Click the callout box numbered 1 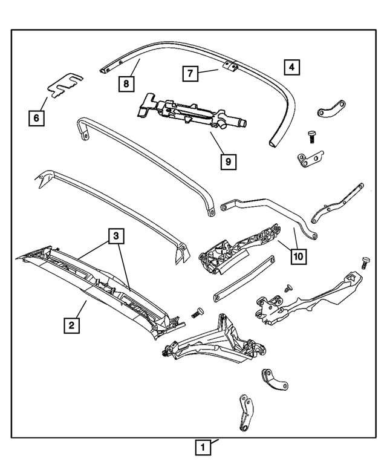coord(203,448)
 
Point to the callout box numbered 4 coord(291,67)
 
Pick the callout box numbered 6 coord(36,118)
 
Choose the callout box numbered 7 coord(190,74)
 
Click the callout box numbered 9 coord(227,162)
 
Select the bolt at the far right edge coord(365,262)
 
